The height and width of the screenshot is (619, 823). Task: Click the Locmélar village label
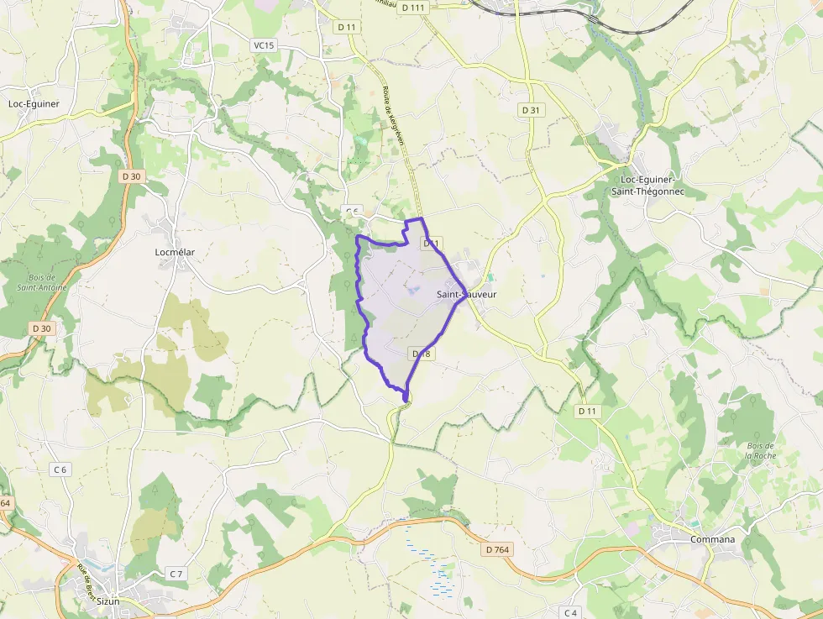coord(176,251)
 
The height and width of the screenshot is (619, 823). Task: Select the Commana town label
coord(712,539)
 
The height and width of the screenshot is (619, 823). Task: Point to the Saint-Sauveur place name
coord(467,295)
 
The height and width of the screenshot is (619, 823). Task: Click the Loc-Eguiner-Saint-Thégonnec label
coord(652,186)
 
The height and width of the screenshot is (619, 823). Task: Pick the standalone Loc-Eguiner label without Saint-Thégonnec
coord(34,104)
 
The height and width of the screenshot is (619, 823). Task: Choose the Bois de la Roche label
coord(760,450)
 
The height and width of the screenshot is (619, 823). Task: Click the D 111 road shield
coord(414,8)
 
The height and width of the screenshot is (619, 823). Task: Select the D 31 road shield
coord(530,110)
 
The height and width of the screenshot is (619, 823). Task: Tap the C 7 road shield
coord(176,574)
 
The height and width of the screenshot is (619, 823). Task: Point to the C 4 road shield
coord(571,612)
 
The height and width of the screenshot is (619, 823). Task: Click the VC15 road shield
coord(263,45)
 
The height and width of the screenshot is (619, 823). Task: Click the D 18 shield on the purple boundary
coord(422,354)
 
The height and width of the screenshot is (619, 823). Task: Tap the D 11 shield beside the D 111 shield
coord(346,27)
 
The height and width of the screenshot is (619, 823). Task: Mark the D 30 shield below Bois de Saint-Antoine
coord(40,328)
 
